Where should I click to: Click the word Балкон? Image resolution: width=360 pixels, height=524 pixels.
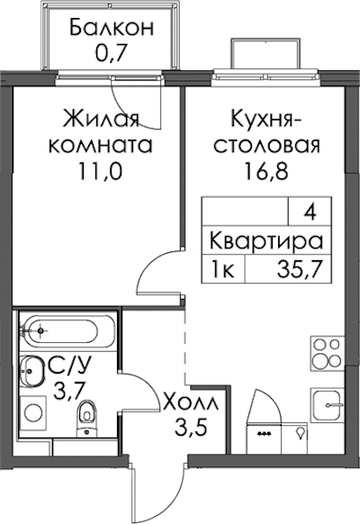click(112, 28)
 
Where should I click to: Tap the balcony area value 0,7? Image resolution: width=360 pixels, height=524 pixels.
click(112, 53)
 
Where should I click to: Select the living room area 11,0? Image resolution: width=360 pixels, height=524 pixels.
click(100, 172)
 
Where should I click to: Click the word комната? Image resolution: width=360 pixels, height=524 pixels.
click(100, 145)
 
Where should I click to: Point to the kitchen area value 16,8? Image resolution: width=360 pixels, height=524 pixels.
click(266, 172)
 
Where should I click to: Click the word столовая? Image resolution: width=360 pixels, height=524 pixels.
click(266, 146)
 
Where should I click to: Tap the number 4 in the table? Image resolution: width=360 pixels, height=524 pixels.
click(310, 212)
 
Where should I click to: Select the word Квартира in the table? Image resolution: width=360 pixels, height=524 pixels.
click(266, 241)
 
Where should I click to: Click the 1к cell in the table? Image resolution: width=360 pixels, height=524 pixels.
click(223, 270)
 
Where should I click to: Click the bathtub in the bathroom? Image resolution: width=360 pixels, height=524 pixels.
click(67, 330)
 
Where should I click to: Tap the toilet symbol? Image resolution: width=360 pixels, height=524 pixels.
click(86, 418)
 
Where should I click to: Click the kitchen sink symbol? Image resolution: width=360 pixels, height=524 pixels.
click(328, 405)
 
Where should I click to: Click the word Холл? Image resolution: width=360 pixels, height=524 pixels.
click(191, 402)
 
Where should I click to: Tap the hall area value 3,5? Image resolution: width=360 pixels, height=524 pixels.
click(191, 428)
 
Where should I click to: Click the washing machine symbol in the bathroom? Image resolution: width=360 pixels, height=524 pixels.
click(33, 413)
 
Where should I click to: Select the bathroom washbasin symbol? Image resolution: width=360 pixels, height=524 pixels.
click(31, 371)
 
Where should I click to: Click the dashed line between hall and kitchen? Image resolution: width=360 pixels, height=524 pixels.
click(184, 347)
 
